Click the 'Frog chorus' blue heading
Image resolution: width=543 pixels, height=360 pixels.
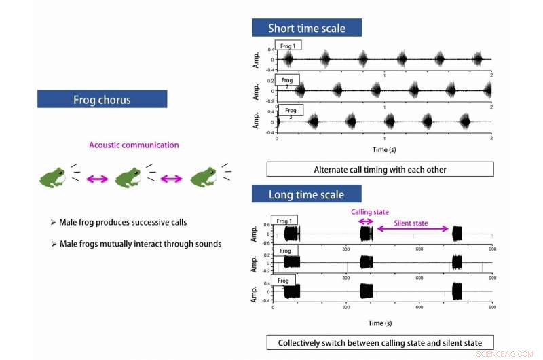pyautogui.click(x=102, y=99)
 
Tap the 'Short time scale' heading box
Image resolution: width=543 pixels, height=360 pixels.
pyautogui.click(x=306, y=28)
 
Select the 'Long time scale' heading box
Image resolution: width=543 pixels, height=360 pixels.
pyautogui.click(x=306, y=194)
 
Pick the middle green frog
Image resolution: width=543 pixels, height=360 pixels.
pyautogui.click(x=128, y=177)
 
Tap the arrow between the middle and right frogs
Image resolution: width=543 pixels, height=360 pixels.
pyautogui.click(x=171, y=179)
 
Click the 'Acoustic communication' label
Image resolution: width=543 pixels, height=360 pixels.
pyautogui.click(x=134, y=145)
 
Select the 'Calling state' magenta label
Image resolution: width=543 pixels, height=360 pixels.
pyautogui.click(x=369, y=212)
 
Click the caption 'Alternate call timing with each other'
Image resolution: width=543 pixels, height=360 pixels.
pyautogui.click(x=379, y=169)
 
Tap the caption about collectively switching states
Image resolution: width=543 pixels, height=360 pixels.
pyautogui.click(x=379, y=343)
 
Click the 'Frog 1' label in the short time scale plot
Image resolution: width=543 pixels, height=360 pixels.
pyautogui.click(x=288, y=46)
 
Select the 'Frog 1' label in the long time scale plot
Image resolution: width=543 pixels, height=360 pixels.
pyautogui.click(x=284, y=221)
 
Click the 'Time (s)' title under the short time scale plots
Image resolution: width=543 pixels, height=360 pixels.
pyautogui.click(x=379, y=149)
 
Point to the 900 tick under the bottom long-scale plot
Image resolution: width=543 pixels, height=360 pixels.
pyautogui.click(x=492, y=308)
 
